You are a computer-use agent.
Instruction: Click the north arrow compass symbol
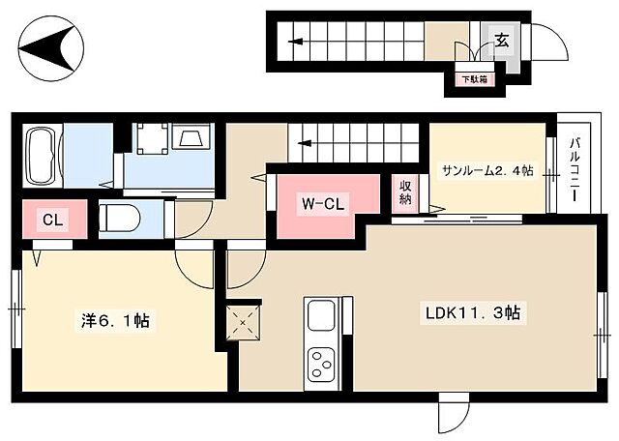pos(51,48)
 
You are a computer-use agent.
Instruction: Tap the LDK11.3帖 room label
pos(473,312)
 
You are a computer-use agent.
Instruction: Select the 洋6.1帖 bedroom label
pos(115,320)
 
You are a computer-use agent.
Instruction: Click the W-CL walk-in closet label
pos(323,204)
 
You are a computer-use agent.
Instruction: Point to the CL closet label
pos(52,220)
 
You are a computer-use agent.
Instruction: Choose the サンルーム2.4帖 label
pos(487,170)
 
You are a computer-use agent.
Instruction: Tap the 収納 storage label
pos(405,192)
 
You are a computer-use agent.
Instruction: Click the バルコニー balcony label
pos(575,170)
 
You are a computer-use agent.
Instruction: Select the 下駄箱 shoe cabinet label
pos(475,79)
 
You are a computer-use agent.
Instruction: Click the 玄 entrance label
pos(502,40)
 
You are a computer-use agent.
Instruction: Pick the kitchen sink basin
pos(322,315)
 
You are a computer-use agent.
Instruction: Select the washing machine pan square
pos(153,138)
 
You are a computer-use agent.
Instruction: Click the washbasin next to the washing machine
pos(192,136)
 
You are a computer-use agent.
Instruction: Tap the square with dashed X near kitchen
pos(244,322)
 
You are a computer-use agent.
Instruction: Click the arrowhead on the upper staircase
pos(295,41)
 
